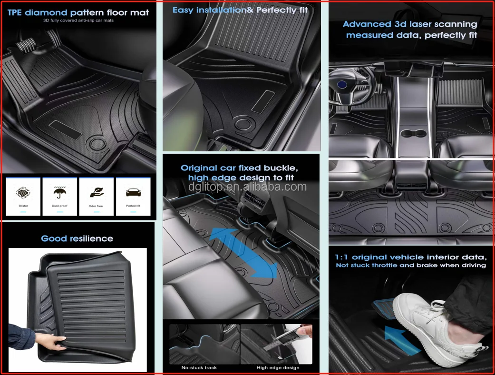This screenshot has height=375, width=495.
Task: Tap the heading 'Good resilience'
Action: [x=77, y=238]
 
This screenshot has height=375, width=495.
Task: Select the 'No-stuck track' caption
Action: [x=199, y=367]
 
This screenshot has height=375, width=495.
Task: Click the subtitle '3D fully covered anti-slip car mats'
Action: [x=78, y=21]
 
